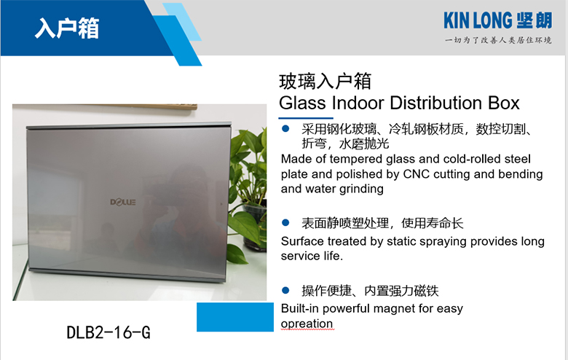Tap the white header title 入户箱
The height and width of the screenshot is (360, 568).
tap(67, 28)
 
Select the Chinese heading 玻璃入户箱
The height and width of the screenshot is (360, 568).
tap(325, 81)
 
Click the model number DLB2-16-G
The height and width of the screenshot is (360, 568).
tap(109, 332)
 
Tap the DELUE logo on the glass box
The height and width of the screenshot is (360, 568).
tap(123, 202)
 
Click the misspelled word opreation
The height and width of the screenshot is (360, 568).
tap(307, 324)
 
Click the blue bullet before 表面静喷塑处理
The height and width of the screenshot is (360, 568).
tap(285, 222)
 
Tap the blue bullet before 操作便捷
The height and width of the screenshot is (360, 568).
tap(285, 290)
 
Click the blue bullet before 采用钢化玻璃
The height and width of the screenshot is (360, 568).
tap(285, 128)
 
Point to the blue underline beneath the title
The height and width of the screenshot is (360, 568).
tap(306, 118)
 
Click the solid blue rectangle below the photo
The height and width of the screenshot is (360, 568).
tap(235, 317)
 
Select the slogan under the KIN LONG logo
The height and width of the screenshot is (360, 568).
tap(498, 40)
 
